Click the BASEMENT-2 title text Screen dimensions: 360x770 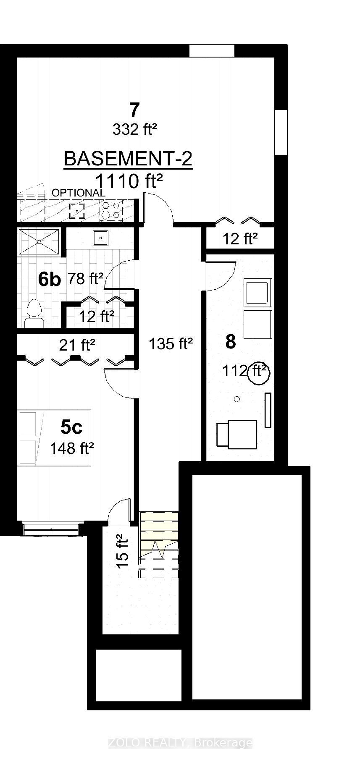128,159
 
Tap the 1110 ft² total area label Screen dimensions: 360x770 129,181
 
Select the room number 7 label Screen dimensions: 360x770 134,110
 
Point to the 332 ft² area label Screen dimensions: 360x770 134,130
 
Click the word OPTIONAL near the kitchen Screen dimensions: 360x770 78,193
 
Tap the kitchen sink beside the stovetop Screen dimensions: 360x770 77,211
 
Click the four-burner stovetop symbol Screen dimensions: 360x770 111,211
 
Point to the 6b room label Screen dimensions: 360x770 50,280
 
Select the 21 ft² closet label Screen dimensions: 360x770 77,346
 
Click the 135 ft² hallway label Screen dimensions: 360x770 171,344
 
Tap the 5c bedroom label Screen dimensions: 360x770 71,427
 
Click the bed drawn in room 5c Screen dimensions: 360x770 54,438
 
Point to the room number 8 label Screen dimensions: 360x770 231,342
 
